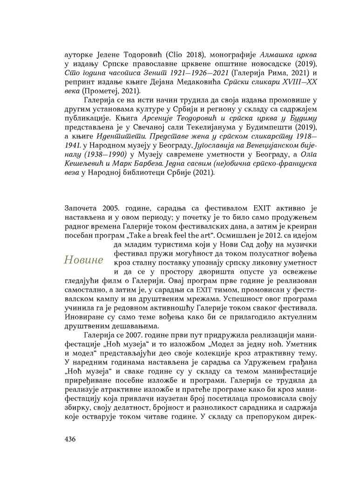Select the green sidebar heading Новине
(x=84, y=260)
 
